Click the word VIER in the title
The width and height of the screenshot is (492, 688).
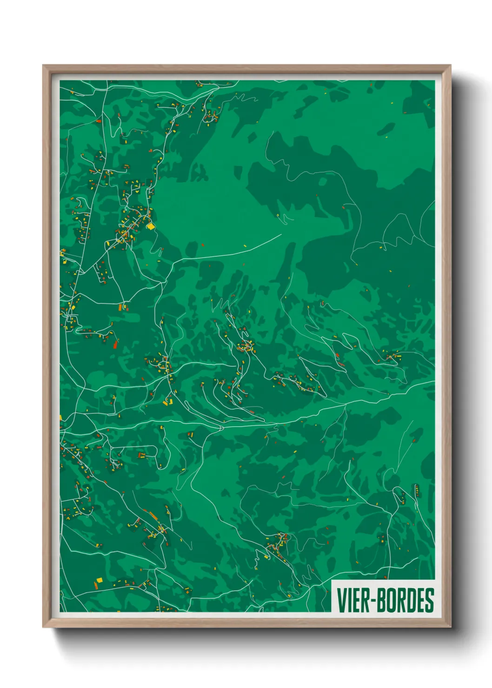pos(353,600)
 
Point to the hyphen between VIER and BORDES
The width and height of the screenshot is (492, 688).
pos(372,601)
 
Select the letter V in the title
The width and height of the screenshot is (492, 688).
pos(341,600)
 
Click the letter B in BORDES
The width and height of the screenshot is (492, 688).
pos(380,600)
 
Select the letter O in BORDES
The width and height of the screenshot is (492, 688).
pos(390,600)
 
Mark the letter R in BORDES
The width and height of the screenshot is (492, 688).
pos(399,600)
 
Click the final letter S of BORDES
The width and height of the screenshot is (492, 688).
pos(429,600)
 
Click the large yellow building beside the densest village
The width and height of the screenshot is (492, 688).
pos(151,226)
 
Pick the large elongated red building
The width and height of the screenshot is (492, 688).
pos(116,344)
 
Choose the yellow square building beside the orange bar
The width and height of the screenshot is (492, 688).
pos(99,580)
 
